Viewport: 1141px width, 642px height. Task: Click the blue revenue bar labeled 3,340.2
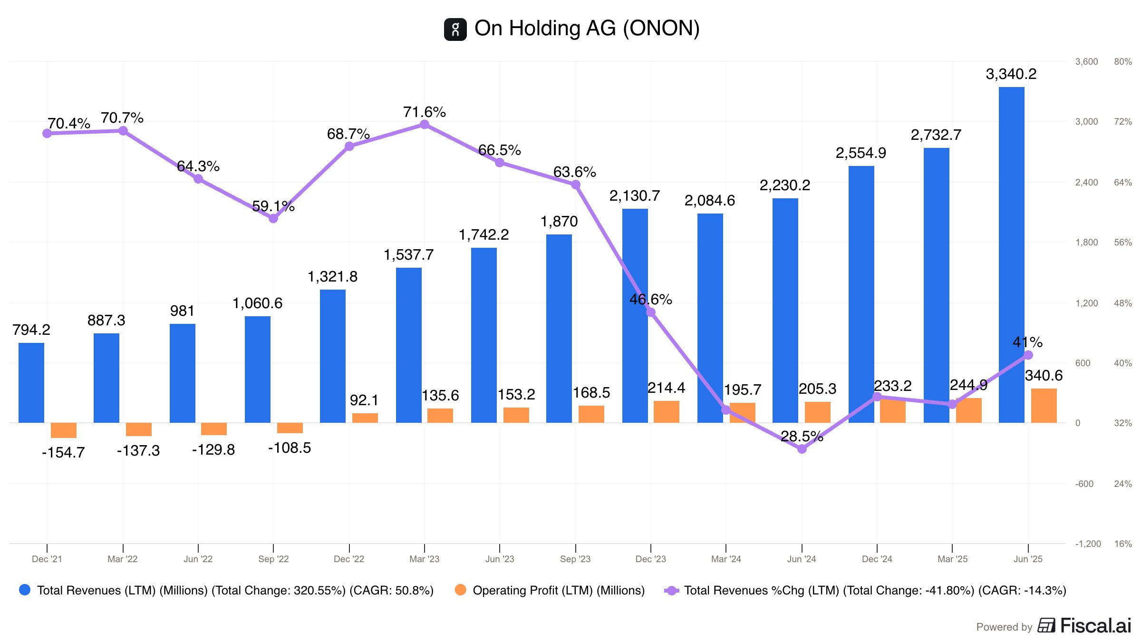tap(1011, 254)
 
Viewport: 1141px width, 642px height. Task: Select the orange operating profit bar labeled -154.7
tap(63, 430)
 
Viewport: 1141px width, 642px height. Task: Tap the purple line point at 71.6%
tap(425, 125)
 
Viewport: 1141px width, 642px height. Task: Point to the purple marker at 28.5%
tap(802, 449)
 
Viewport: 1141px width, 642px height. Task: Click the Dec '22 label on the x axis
tap(349, 559)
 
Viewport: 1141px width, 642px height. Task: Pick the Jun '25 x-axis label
tap(1028, 559)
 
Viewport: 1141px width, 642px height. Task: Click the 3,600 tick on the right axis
tap(1086, 62)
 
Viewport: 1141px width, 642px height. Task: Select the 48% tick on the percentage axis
tap(1122, 303)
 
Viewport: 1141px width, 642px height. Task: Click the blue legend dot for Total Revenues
tap(25, 590)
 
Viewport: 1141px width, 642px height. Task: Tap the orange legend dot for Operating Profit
tap(460, 590)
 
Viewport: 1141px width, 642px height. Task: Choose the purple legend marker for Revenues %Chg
tap(671, 591)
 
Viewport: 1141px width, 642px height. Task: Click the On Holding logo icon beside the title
tap(455, 29)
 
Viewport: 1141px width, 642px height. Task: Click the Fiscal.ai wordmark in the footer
tap(1095, 626)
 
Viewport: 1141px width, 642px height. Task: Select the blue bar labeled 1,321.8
tap(333, 356)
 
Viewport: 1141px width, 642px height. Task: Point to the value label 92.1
tap(364, 400)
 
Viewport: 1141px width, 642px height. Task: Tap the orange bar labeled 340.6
tap(1044, 406)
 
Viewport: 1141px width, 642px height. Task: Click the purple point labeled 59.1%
tap(273, 219)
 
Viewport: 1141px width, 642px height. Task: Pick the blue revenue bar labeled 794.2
tap(31, 382)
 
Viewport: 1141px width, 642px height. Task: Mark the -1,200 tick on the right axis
tap(1088, 544)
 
